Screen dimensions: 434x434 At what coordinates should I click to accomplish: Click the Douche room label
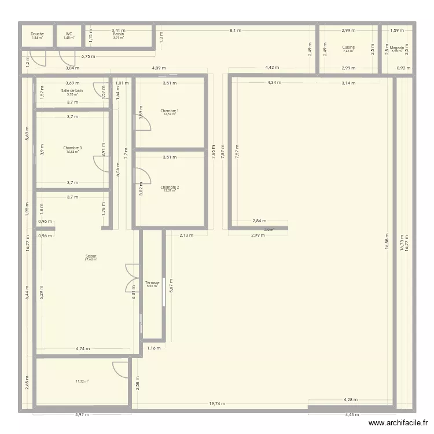(37, 34)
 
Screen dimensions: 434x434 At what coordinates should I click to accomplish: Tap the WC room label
(69, 34)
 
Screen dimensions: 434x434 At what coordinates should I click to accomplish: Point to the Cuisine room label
(348, 47)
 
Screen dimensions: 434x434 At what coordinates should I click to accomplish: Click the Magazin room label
(397, 48)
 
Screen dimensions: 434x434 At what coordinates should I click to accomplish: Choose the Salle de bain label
(72, 91)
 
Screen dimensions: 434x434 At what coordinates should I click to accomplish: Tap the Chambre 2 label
(170, 187)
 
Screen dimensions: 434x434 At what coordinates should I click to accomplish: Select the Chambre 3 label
(72, 148)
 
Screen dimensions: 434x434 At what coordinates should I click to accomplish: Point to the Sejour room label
(91, 256)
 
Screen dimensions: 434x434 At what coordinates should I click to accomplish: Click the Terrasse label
(152, 283)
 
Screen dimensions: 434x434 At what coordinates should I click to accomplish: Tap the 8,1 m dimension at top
(236, 30)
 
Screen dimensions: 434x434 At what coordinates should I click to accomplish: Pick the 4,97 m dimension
(83, 414)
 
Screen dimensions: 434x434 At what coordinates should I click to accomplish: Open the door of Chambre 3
(101, 164)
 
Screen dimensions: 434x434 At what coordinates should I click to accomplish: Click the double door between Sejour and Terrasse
(133, 278)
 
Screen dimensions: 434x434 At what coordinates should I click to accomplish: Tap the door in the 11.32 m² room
(120, 369)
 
